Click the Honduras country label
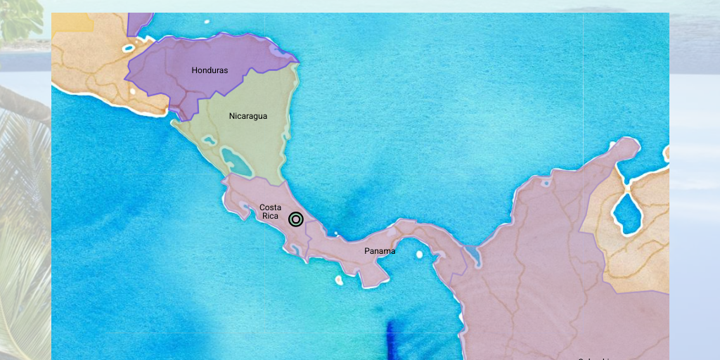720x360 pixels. (x=210, y=70)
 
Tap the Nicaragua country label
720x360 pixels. (x=247, y=116)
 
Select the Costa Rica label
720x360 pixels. (x=270, y=212)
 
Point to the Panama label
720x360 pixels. (x=380, y=251)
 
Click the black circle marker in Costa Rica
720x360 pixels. (x=296, y=219)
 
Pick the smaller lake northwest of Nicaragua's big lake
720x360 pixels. (x=209, y=141)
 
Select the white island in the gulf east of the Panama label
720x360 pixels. (x=420, y=255)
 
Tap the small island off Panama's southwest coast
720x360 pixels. (x=339, y=280)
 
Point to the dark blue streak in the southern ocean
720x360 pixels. (x=391, y=340)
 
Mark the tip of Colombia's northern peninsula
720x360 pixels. (x=628, y=143)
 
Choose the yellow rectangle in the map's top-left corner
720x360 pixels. (x=73, y=23)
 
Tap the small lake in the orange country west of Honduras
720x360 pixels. (x=128, y=49)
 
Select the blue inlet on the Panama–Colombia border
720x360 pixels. (x=472, y=256)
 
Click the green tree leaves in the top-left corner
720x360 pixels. (x=21, y=18)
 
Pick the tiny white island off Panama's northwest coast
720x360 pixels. (x=336, y=233)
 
